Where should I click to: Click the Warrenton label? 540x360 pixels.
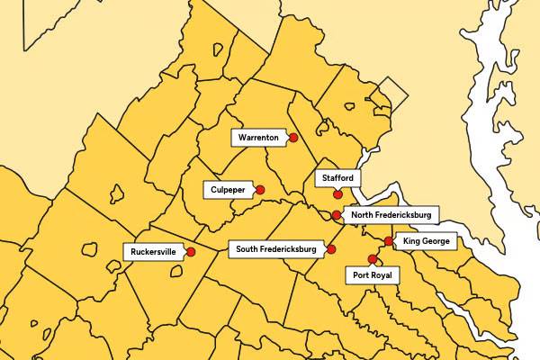259,138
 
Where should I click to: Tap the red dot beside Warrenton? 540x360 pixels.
293,138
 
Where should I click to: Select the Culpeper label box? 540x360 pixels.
229,190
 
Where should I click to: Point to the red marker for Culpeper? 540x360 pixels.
260,190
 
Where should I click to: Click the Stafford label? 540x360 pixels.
337,178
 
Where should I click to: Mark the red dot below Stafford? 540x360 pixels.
337,193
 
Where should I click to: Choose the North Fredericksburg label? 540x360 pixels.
391,215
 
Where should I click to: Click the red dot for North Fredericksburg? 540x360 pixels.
336,215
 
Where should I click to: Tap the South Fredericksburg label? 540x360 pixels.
275,248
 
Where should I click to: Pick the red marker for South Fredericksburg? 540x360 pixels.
331,248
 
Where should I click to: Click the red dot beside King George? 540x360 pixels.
388,241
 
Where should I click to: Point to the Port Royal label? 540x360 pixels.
373,274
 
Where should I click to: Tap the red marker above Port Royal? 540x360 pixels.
373,259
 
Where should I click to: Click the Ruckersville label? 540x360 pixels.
153,252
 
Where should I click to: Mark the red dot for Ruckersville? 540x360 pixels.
190,252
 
